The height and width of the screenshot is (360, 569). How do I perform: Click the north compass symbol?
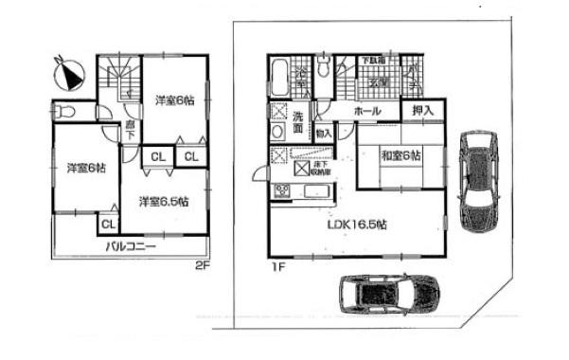click(69, 70)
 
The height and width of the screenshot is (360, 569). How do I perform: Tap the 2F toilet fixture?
click(66, 112)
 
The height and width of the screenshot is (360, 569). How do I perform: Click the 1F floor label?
click(278, 266)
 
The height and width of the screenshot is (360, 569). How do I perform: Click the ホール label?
click(367, 112)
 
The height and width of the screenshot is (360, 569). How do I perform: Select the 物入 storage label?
click(323, 134)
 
